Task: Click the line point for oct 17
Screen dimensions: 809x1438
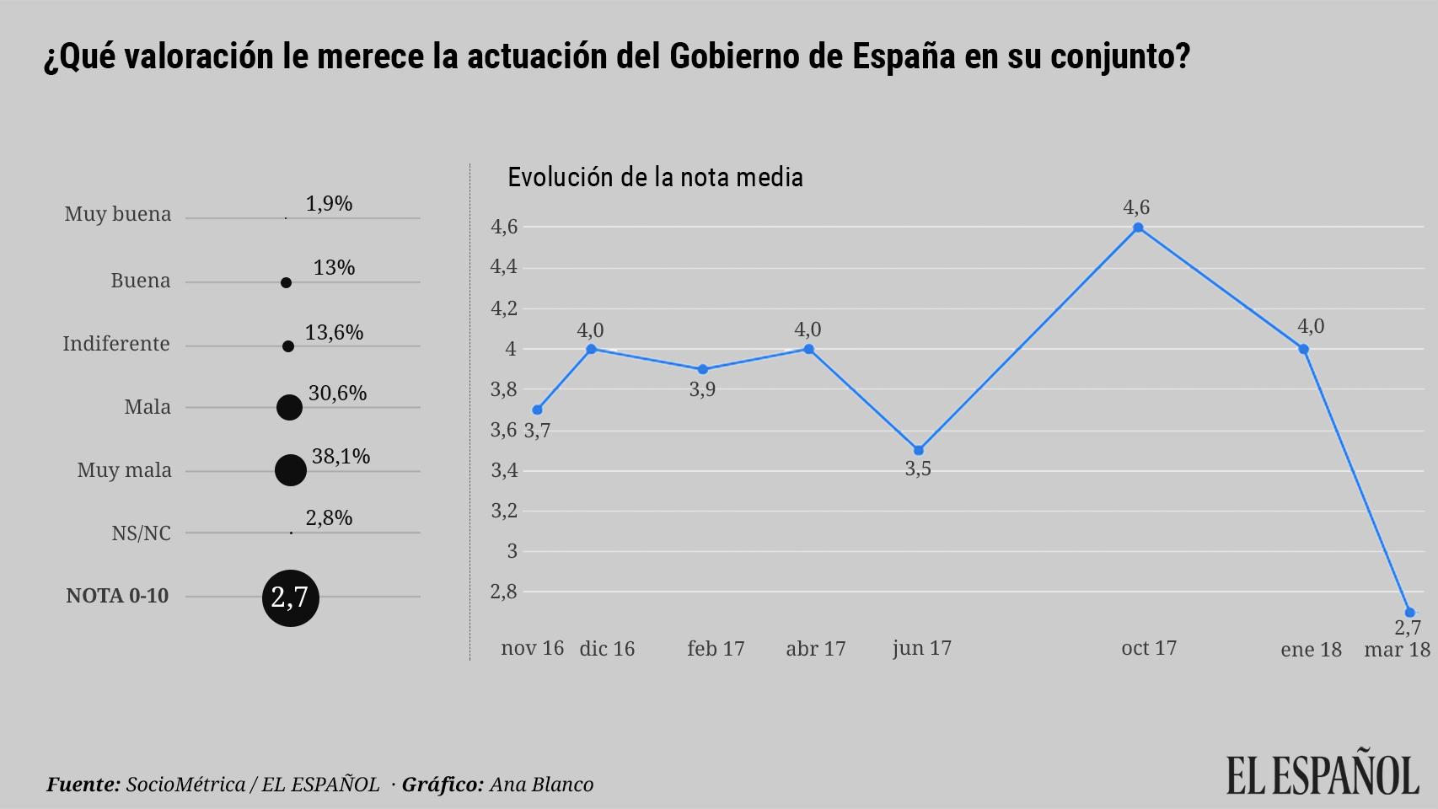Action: [1138, 228]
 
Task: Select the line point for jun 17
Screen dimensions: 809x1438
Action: [919, 450]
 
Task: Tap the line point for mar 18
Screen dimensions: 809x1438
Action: [1409, 613]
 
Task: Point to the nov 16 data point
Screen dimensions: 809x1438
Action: [537, 410]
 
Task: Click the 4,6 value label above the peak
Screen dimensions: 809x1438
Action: [1136, 206]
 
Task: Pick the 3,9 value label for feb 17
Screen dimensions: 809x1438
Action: [702, 389]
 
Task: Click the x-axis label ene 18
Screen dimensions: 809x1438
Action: [1311, 649]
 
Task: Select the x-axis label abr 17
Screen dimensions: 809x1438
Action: [815, 648]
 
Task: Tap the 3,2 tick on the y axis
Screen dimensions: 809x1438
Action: [504, 511]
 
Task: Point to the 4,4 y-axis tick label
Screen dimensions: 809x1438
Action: [504, 267]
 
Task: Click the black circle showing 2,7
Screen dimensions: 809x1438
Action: [290, 597]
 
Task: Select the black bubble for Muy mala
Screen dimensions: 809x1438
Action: [290, 470]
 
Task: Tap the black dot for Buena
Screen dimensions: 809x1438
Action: [286, 283]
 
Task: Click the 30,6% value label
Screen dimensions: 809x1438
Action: [337, 393]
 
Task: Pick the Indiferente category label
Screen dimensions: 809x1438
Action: [116, 344]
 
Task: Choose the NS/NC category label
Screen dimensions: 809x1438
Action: [141, 533]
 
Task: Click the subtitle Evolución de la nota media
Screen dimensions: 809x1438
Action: [655, 177]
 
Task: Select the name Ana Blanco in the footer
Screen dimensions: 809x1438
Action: [541, 785]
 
